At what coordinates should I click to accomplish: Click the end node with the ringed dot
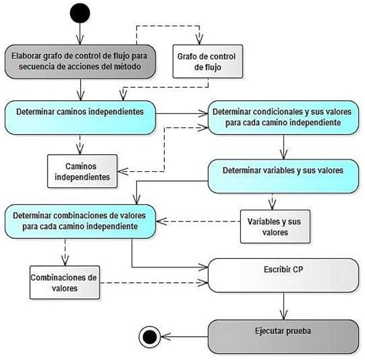tap(147, 335)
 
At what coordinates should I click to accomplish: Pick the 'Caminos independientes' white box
tap(82, 172)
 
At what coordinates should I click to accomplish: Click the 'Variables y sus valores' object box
tap(275, 226)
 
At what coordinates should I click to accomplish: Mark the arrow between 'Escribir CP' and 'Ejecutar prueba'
tap(283, 305)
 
